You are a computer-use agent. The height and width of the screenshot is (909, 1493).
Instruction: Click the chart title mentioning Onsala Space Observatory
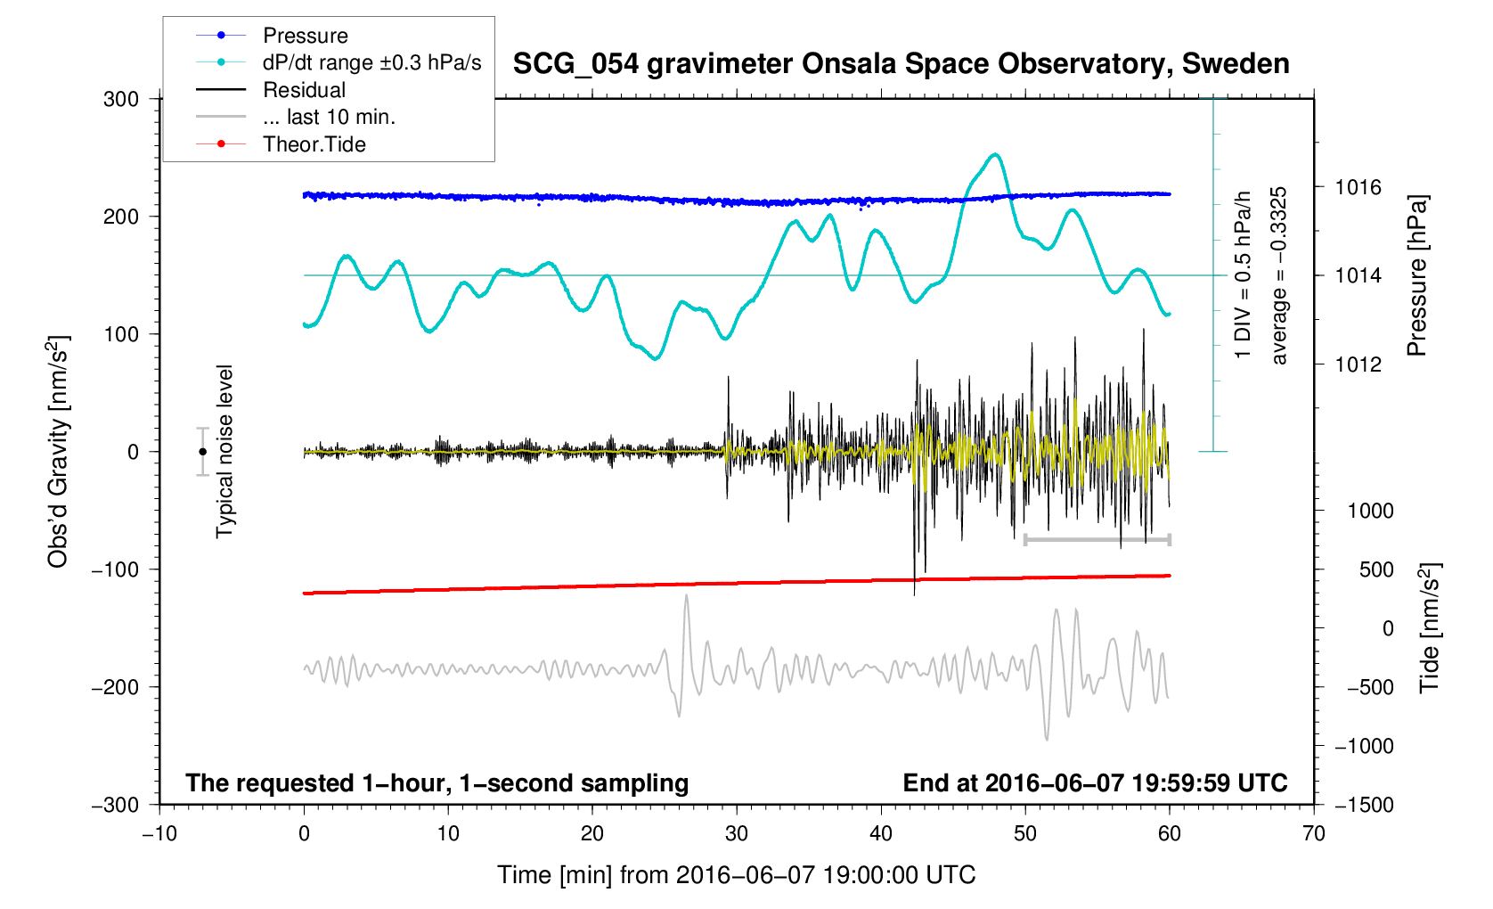pos(901,64)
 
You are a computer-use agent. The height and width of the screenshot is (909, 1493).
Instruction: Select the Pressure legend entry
pos(305,36)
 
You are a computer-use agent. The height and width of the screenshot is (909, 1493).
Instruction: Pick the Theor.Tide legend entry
pos(314,144)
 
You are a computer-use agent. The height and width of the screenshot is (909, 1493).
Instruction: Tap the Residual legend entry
pos(304,90)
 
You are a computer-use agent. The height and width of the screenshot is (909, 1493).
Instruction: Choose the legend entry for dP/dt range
pos(371,62)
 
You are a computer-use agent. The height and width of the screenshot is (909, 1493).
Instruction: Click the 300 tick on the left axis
pos(121,99)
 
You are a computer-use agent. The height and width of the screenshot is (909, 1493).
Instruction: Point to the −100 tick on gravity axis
pos(116,569)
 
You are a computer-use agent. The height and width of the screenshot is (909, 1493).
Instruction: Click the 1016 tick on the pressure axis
pos(1358,187)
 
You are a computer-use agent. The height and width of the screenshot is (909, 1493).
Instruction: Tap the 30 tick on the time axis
pos(737,833)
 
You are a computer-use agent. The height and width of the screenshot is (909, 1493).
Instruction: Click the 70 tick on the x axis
pos(1313,833)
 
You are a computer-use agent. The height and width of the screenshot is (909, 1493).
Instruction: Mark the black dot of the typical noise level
pos(202,452)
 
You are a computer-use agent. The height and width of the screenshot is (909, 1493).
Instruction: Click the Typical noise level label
pos(224,452)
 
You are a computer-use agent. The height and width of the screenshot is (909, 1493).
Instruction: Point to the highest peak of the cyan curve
pos(995,154)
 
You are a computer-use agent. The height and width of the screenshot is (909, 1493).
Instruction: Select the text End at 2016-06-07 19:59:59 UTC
pos(1095,783)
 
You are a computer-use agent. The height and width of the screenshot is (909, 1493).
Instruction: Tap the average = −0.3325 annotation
pos(1279,275)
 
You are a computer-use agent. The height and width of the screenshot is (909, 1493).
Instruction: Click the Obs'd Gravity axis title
pos(58,452)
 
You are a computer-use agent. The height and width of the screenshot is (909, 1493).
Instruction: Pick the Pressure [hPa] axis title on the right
pos(1416,275)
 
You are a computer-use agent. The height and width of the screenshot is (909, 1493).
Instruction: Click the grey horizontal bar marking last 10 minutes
pos(1097,540)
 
